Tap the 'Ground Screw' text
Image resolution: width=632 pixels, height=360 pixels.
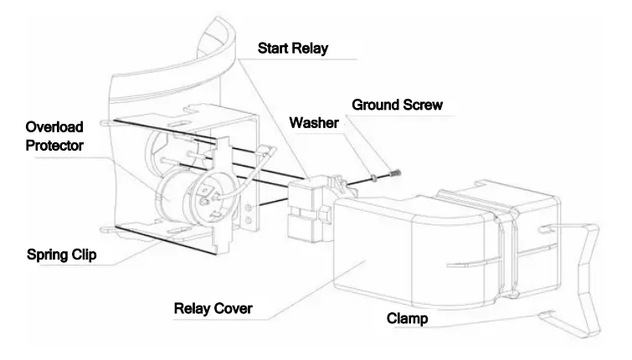[x=397, y=105]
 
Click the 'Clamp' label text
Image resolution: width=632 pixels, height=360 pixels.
[x=409, y=319]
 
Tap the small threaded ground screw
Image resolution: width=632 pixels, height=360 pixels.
[x=387, y=173]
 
